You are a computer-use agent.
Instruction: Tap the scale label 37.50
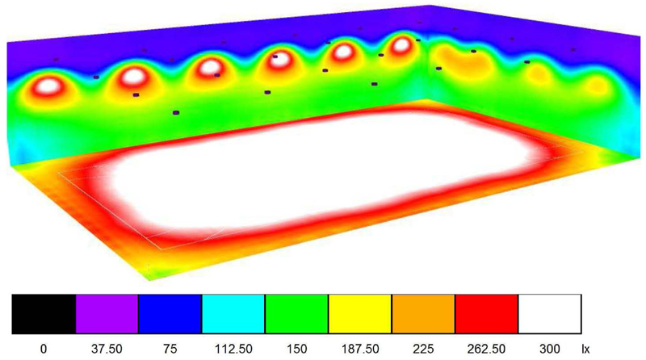pyautogui.click(x=107, y=349)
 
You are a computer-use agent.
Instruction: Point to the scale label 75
pyautogui.click(x=170, y=349)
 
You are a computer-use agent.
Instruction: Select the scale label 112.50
pyautogui.click(x=233, y=349)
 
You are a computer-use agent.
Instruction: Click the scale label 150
pyautogui.click(x=296, y=349)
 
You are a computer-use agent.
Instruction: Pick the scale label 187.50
pyautogui.click(x=359, y=349)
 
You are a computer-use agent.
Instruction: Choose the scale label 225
pyautogui.click(x=422, y=349)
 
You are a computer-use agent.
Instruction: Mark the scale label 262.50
pyautogui.click(x=486, y=349)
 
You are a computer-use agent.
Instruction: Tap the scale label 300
pyautogui.click(x=549, y=349)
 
